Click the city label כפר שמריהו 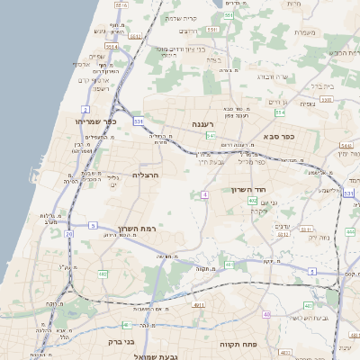[x=94, y=121]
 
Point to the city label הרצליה [x=145, y=175]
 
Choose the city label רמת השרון [x=137, y=229]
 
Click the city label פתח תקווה [x=238, y=345]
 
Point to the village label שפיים [x=96, y=56]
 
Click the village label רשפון [x=102, y=88]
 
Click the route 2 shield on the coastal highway [x=85, y=109]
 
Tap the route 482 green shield [x=103, y=273]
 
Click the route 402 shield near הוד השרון [x=253, y=201]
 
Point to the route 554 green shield [x=280, y=112]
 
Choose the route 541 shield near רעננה [x=211, y=136]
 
